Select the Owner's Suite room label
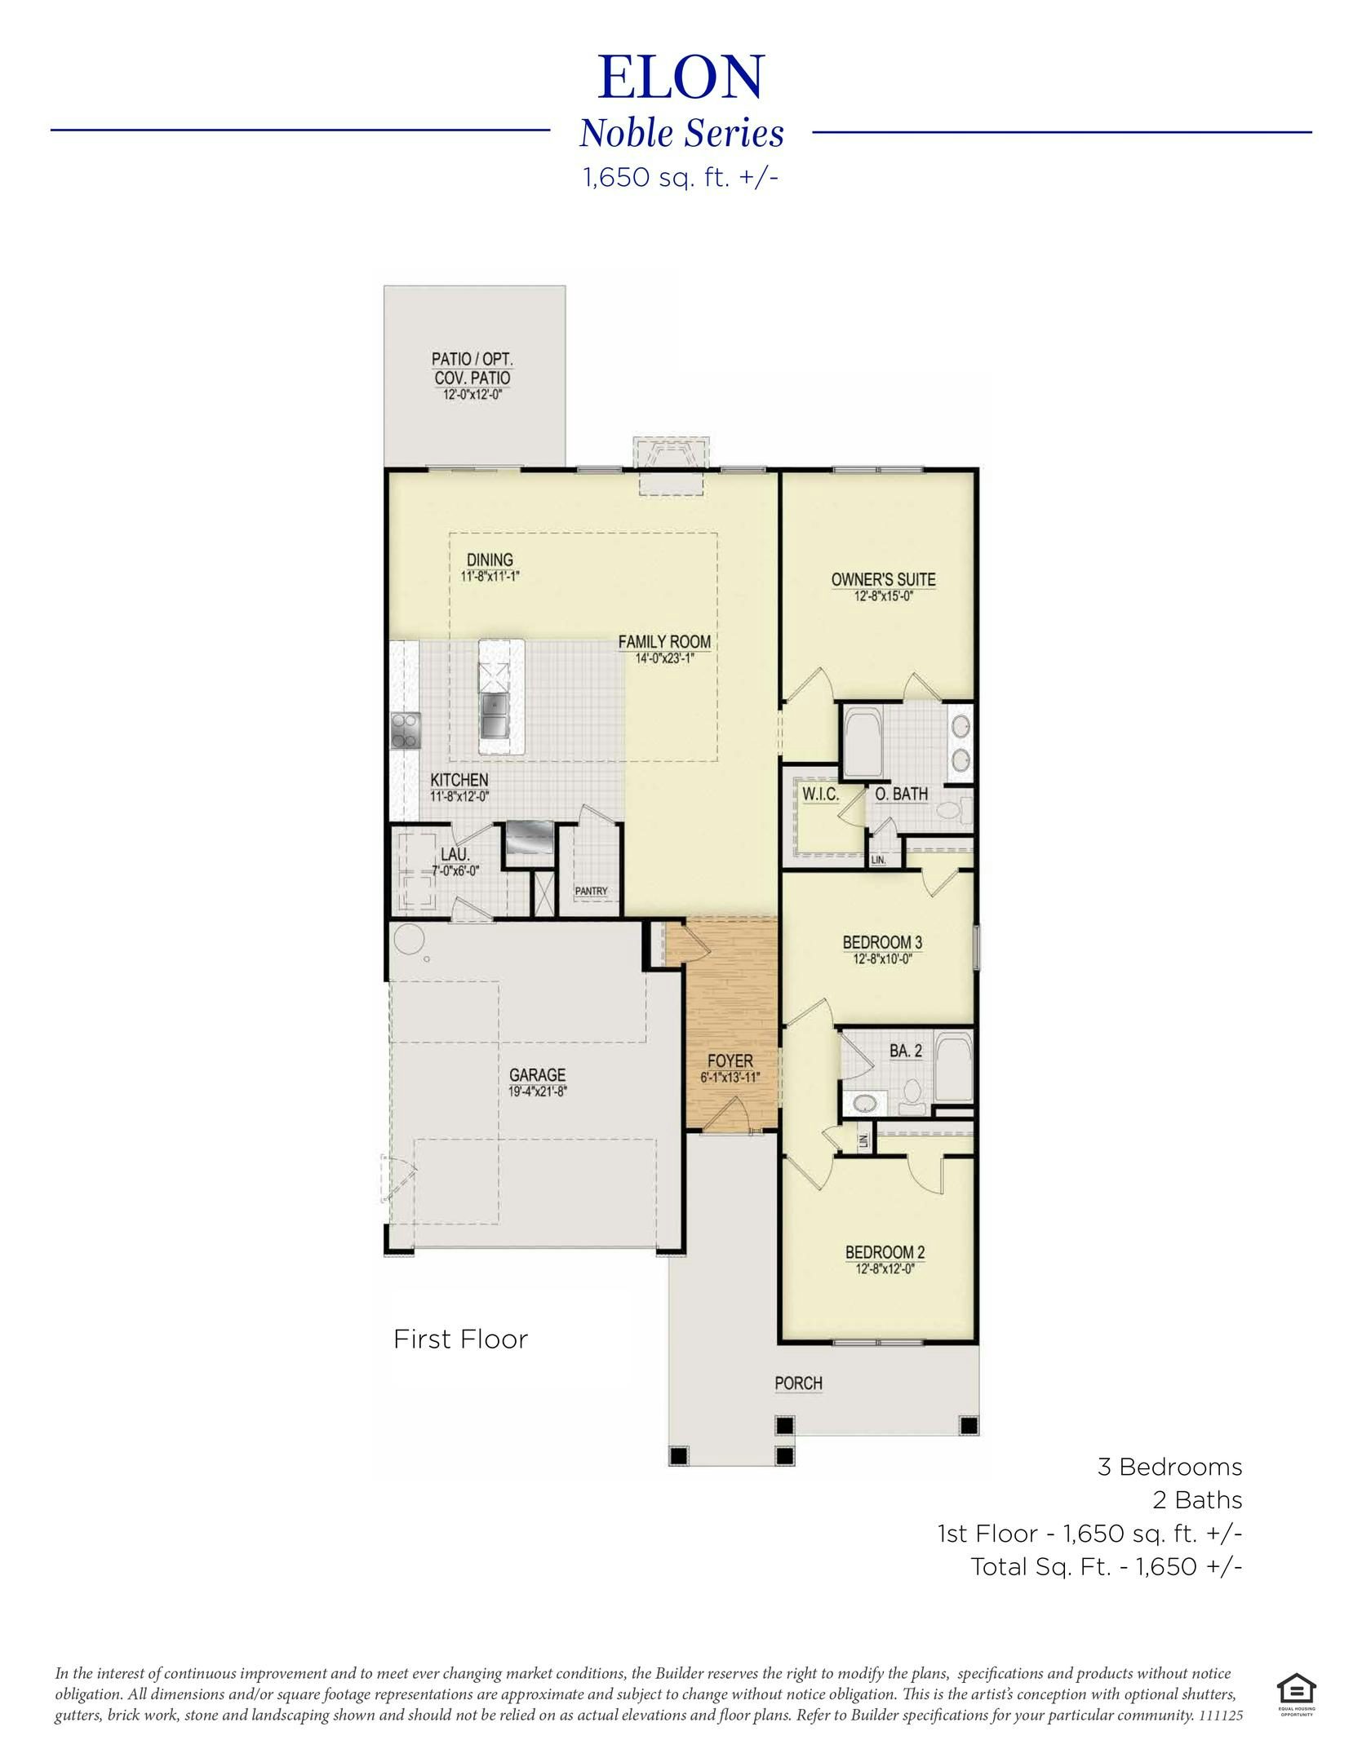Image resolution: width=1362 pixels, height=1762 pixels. coord(883,579)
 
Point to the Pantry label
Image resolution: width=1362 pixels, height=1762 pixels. coord(591,891)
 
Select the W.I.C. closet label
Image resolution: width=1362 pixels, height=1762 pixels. coord(820,794)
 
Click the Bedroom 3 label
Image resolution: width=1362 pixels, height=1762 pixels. coord(882,943)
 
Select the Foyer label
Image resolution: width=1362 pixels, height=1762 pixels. coord(730,1060)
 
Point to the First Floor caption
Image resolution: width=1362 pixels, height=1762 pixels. coord(460,1339)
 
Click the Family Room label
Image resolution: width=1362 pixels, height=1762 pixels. coord(663,642)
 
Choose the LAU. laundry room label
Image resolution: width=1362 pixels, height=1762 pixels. coord(455,854)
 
